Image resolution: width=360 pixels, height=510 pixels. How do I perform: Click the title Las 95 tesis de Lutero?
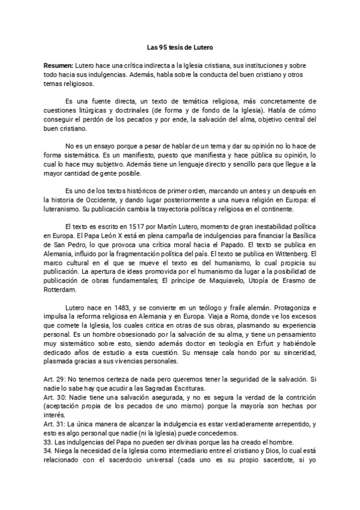[x=180, y=46]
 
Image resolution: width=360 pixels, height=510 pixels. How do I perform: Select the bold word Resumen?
[x=58, y=64]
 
